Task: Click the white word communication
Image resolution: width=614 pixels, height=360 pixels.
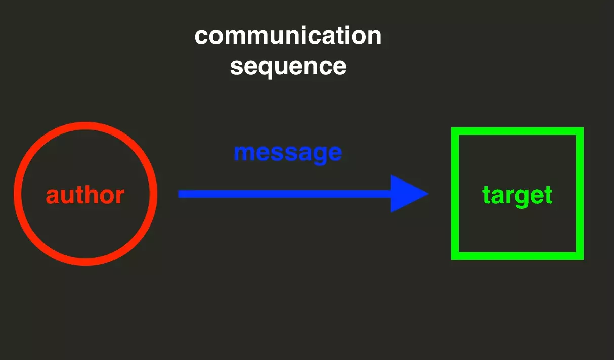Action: (288, 36)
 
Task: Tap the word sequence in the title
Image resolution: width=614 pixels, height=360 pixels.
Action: (288, 66)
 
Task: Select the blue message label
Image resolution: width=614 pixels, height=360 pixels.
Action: (288, 153)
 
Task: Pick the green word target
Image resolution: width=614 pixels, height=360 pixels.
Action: (517, 196)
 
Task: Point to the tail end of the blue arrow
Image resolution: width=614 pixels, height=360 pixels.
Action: (179, 194)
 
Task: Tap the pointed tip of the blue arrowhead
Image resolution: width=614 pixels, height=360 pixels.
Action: (428, 194)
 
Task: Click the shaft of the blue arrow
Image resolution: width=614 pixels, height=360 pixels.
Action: (285, 194)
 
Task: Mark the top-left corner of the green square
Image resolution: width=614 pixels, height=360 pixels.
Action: (452, 128)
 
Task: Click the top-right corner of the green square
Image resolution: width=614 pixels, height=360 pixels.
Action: (583, 128)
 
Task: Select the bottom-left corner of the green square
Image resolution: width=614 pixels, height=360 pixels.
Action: (452, 259)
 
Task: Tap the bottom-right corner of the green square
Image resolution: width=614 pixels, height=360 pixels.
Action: (583, 259)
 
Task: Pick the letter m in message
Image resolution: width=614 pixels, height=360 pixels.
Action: (245, 153)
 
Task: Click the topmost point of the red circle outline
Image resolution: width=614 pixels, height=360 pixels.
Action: (85, 126)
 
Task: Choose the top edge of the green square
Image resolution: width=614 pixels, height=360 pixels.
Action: (517, 131)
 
